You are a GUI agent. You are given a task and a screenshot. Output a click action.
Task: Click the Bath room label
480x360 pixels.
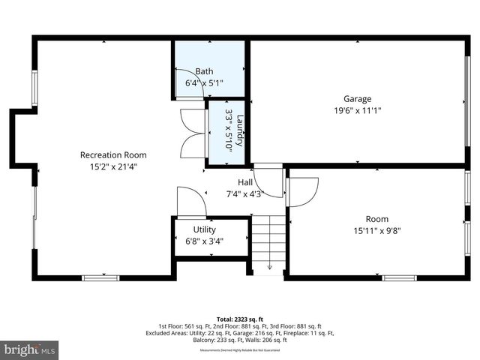tap(204, 71)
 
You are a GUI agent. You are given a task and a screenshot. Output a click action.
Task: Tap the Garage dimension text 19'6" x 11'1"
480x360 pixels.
tap(357, 111)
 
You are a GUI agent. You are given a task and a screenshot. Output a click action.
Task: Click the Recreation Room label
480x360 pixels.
tap(113, 155)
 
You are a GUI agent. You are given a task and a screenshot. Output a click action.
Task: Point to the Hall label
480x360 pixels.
tap(245, 182)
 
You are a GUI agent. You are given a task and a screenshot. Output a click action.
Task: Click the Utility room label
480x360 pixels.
tap(204, 229)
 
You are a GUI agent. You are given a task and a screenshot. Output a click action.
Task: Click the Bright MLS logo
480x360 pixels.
tap(30, 349)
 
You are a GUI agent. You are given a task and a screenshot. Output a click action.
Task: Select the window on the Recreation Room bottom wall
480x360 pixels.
tap(100, 278)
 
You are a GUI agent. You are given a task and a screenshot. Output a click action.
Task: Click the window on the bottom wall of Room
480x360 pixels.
tap(399, 278)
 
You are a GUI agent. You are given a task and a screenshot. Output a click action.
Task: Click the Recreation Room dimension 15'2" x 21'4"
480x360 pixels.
tap(113, 167)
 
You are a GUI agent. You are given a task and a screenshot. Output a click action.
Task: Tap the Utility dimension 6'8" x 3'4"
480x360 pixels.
tap(204, 241)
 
